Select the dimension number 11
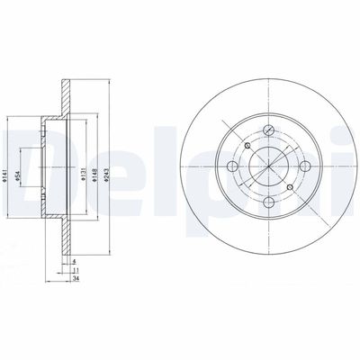pyautogui.click(x=74, y=270)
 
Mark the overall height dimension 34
pyautogui.click(x=74, y=278)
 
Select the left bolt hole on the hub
pyautogui.click(x=231, y=166)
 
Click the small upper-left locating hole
pyautogui.click(x=247, y=144)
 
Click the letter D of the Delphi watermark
pyautogui.click(x=22, y=166)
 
